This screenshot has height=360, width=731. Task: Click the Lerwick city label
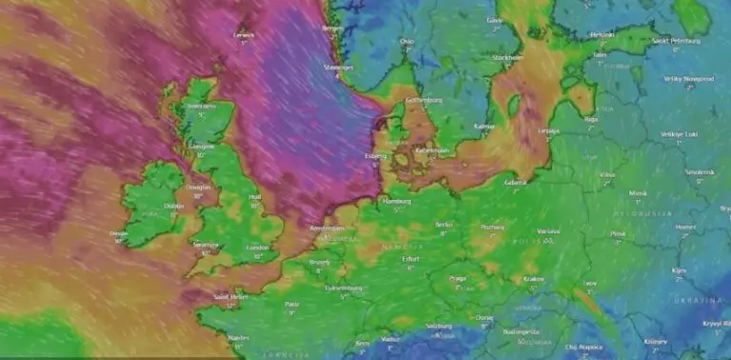coord(244,34)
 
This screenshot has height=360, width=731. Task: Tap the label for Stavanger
coord(338,68)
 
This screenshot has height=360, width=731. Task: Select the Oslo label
coord(407,41)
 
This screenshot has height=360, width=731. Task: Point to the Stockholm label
coord(508,57)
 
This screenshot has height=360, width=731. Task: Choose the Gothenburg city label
coord(424,99)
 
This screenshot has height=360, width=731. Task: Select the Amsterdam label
coord(326,229)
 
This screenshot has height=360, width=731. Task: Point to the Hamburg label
coord(395,201)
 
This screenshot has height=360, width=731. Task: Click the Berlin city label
coord(444,224)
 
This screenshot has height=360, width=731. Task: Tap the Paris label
coord(292,304)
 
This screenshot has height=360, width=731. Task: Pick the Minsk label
coord(637,192)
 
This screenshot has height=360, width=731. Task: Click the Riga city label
coord(590,119)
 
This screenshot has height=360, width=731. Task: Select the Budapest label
coord(522,332)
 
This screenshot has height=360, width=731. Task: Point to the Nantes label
coord(239,337)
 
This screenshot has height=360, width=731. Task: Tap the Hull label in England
coord(254,196)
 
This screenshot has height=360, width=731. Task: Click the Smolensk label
coord(699,172)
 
